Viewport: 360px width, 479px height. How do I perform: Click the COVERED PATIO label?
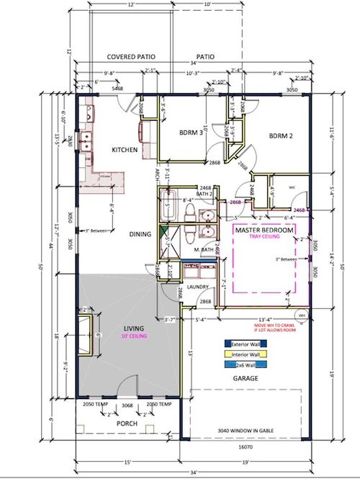[132, 56]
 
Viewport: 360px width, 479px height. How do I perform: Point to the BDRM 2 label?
[283, 135]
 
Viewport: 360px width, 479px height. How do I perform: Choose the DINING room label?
[139, 234]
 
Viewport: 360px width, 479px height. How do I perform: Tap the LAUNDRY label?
[197, 287]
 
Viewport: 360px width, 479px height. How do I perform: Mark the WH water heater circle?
[302, 315]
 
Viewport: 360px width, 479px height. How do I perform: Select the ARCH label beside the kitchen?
[157, 175]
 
